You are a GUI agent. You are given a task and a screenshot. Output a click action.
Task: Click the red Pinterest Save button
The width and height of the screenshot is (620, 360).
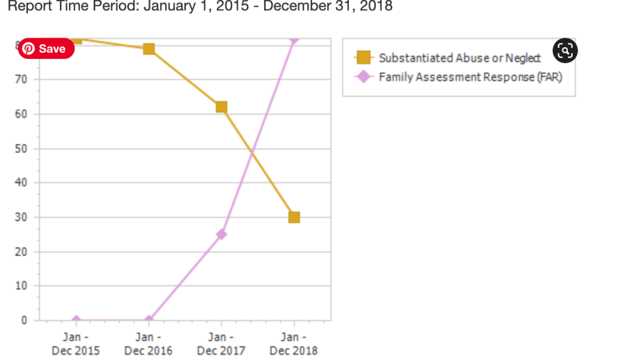pos(45,48)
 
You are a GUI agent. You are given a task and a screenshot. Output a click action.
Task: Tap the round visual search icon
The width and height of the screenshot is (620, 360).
pos(565,51)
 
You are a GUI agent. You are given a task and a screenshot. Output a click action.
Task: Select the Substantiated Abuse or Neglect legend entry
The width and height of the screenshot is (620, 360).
pos(459,58)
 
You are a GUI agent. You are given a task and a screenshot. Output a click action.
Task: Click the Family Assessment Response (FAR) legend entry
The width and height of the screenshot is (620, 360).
pos(470,77)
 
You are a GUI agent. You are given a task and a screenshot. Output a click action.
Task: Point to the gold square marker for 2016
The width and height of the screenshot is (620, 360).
pos(148,48)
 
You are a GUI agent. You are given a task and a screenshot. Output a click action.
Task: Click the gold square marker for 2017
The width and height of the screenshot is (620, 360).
pos(221,107)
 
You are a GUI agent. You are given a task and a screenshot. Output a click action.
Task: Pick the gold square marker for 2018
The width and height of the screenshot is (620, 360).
pos(294,217)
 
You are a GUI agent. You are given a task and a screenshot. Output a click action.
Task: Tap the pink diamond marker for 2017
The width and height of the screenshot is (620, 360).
pos(221,234)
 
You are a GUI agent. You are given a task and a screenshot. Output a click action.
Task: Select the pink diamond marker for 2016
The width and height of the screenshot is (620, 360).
pos(148,320)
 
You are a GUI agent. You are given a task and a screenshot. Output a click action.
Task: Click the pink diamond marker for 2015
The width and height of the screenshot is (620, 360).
pos(76,320)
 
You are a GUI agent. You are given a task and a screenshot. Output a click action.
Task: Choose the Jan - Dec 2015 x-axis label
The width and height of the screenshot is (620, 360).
pos(76,344)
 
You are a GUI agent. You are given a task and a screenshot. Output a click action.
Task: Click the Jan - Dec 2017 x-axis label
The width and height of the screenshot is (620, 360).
pos(221,344)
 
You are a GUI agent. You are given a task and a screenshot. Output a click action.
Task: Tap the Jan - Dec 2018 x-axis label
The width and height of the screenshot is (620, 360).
pos(294,344)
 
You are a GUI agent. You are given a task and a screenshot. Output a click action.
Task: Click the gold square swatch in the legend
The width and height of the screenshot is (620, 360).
pos(363,58)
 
